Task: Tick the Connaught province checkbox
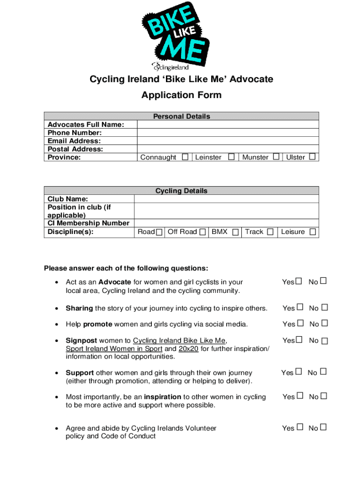pyautogui.click(x=185, y=157)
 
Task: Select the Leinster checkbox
pyautogui.click(x=231, y=157)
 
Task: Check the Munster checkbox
pyautogui.click(x=276, y=157)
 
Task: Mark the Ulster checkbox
pyautogui.click(x=312, y=157)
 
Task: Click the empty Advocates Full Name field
pyautogui.click(x=228, y=125)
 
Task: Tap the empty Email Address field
pyautogui.click(x=228, y=141)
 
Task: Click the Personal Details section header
pyautogui.click(x=181, y=116)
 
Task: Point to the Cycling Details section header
pyautogui.click(x=181, y=191)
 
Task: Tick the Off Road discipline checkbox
pyautogui.click(x=202, y=232)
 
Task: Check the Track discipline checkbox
pyautogui.click(x=270, y=232)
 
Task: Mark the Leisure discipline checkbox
pyautogui.click(x=313, y=232)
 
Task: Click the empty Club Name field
pyautogui.click(x=226, y=199)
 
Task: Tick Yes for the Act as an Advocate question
pyautogui.click(x=298, y=282)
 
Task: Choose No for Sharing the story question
pyautogui.click(x=324, y=308)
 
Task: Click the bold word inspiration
pyautogui.click(x=163, y=397)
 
